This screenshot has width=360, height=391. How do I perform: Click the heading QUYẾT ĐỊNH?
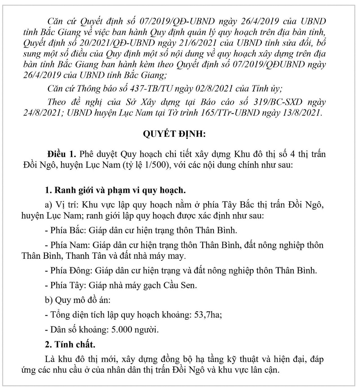(174, 134)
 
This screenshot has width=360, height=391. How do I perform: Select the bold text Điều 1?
(62, 154)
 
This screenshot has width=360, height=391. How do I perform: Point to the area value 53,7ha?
(208, 314)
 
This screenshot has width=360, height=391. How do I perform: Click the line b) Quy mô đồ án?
(78, 300)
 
